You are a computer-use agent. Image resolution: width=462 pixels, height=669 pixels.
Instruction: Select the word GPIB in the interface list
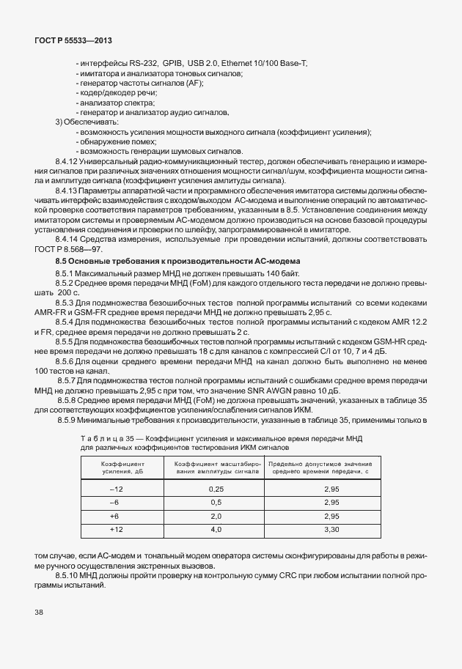point(173,64)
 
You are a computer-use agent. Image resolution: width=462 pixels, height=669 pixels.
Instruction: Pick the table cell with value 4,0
point(216,528)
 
